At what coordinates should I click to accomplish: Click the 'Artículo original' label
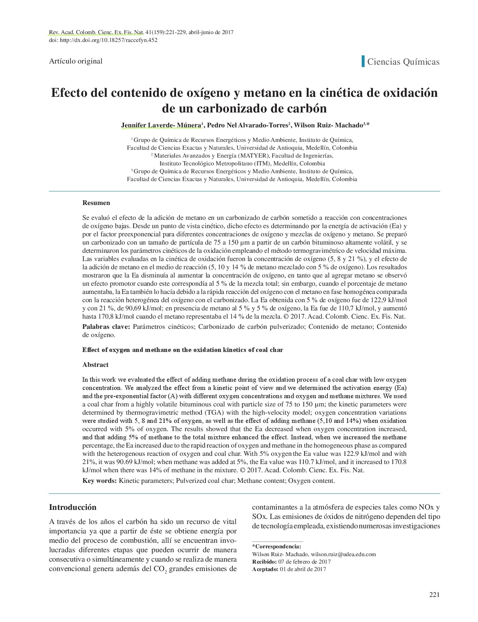point(76,61)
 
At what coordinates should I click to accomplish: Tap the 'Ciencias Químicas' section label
point(403,62)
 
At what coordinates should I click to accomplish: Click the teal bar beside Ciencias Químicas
point(363,62)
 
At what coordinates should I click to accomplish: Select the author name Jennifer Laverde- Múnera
point(161,125)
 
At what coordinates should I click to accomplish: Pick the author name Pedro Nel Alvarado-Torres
point(248,125)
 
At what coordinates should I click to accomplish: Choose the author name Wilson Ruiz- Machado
point(328,125)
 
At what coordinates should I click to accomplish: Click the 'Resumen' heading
point(96,203)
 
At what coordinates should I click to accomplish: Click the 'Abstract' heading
point(95,364)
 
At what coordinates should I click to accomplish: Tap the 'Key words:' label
point(99,481)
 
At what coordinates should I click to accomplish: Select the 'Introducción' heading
point(73,507)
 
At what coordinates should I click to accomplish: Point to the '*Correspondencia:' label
point(276,547)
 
